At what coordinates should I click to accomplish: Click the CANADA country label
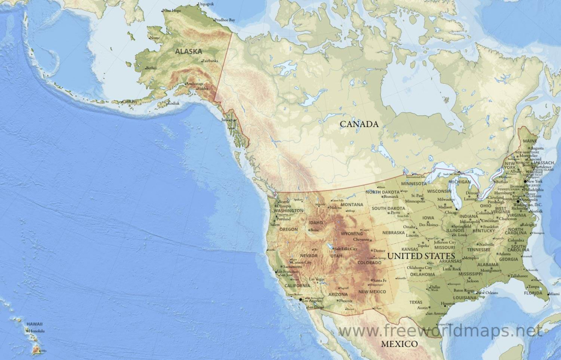(x=359, y=124)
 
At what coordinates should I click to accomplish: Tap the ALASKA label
(x=188, y=51)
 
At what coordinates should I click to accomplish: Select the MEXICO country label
(x=399, y=344)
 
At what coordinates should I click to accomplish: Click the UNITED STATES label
(x=421, y=256)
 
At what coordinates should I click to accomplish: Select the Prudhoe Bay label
(x=225, y=20)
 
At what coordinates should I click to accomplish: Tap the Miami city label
(x=554, y=294)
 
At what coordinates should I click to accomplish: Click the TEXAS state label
(x=416, y=302)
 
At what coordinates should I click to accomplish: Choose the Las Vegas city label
(x=317, y=279)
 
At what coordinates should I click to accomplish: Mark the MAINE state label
(x=530, y=141)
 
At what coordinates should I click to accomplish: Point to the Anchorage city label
(x=195, y=84)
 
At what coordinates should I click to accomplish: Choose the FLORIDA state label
(x=533, y=293)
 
